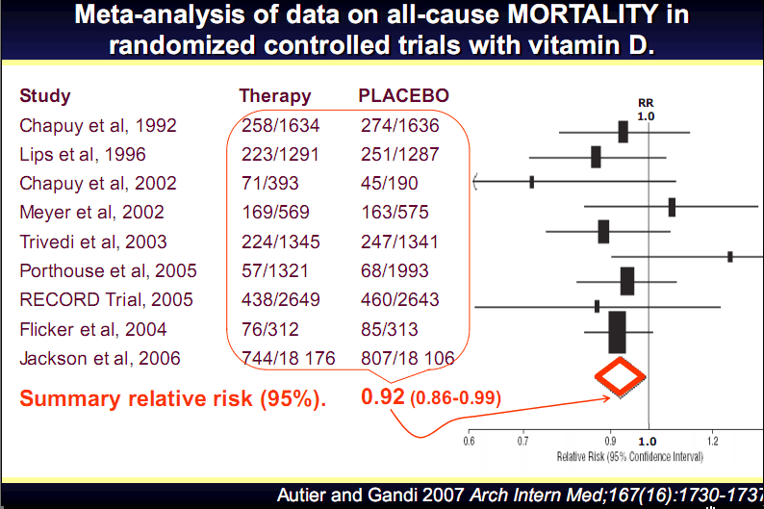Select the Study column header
[x=45, y=96]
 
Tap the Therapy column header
[x=275, y=96]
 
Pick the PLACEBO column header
[x=403, y=96]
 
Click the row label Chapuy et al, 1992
[x=98, y=125]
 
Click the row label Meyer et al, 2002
[x=91, y=212]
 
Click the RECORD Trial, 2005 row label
[x=106, y=299]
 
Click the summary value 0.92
[x=382, y=396]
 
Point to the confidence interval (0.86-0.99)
[x=456, y=397]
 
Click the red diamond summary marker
[x=619, y=376]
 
